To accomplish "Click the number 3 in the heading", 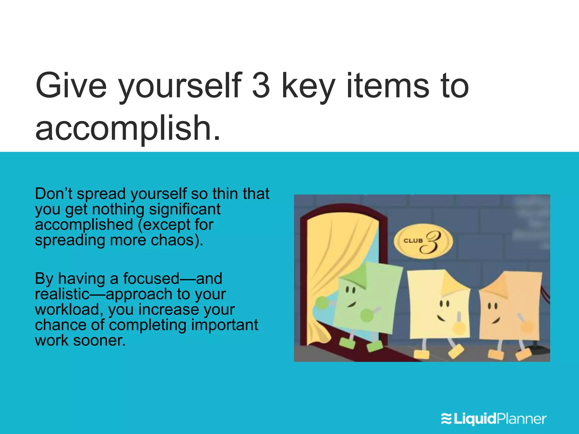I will (261, 86).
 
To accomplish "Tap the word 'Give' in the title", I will (71, 86).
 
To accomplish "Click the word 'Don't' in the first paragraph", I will (54, 194).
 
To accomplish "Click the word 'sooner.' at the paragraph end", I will (99, 340).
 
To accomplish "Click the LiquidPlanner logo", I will (494, 419).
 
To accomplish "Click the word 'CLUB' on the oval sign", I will (413, 241).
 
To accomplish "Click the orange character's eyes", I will (493, 306).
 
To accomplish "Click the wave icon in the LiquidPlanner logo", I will (447, 419).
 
